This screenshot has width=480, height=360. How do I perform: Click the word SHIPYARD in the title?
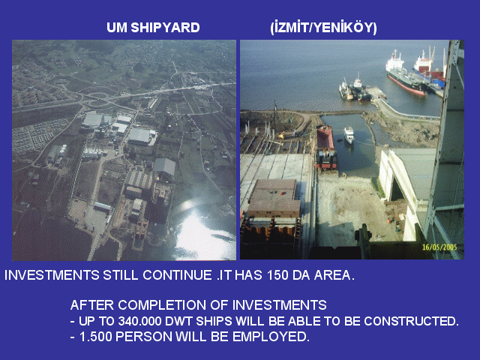coord(165,28)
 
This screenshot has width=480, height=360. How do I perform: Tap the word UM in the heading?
coord(117,28)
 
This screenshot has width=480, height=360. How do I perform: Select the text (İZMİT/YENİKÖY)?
coord(323,28)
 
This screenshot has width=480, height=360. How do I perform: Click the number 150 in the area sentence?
coord(277,275)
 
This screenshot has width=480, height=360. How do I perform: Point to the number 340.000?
coord(140,321)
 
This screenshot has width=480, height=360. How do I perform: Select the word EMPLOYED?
coord(271,337)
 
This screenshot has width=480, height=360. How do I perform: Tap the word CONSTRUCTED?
coord(411,321)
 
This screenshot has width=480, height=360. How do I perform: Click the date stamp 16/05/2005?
coord(439,247)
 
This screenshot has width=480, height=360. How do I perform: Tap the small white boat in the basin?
coord(349,135)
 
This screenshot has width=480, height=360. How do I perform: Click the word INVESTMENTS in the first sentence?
coord(52,275)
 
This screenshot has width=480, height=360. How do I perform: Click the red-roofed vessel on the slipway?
coord(325,147)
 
